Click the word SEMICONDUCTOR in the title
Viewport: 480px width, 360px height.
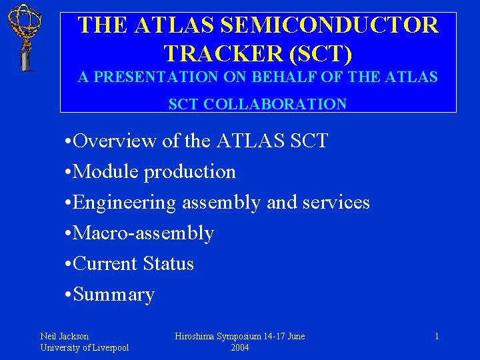point(329,26)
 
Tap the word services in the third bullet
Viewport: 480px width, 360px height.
point(336,203)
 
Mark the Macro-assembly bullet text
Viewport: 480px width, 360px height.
point(144,233)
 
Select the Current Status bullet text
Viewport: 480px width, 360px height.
point(133,264)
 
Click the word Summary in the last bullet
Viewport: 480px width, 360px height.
point(114,295)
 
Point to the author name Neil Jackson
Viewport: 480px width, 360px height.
point(64,337)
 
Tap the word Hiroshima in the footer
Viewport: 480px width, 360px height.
point(195,337)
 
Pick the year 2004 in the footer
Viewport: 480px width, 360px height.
point(240,347)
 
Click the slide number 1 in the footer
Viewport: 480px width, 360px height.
point(437,337)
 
